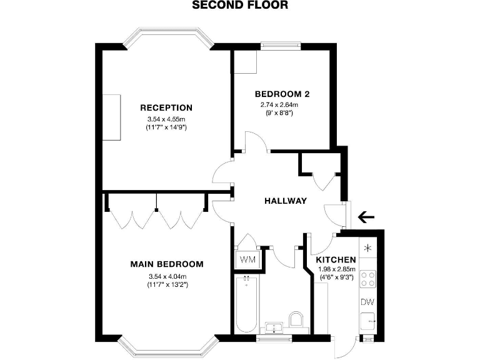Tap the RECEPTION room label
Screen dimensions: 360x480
(166, 107)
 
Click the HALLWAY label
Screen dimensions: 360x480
(286, 201)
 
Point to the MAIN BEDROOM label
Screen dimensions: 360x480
(166, 264)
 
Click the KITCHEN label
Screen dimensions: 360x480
(336, 260)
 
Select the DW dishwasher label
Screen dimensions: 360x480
(367, 302)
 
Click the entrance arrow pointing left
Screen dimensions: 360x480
(366, 217)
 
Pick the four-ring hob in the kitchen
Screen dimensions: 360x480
(368, 279)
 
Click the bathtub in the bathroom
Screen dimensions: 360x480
(247, 304)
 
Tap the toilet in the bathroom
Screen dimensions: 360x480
(297, 321)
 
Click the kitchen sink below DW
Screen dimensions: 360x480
(369, 321)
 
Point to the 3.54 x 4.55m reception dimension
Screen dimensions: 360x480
(166, 119)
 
